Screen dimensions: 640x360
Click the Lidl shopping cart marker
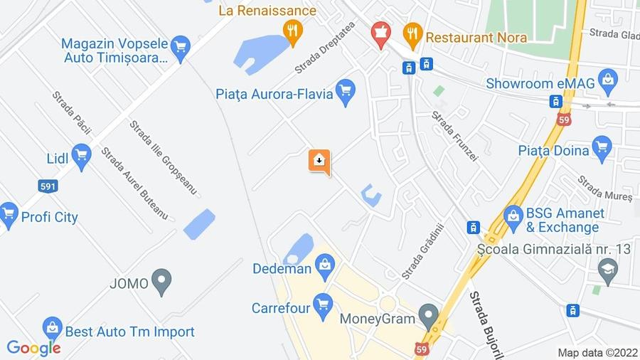click(x=81, y=156)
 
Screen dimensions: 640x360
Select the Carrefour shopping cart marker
click(x=323, y=306)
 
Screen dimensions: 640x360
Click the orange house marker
click(x=319, y=160)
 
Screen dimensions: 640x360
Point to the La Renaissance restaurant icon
click(x=292, y=31)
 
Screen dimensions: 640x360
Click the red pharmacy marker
click(x=381, y=33)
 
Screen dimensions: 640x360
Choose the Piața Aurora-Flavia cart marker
click(x=346, y=92)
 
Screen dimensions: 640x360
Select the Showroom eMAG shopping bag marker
click(x=607, y=81)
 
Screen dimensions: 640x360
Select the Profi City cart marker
click(x=9, y=215)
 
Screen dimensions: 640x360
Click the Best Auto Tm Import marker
click(x=52, y=329)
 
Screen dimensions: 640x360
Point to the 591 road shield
click(x=48, y=186)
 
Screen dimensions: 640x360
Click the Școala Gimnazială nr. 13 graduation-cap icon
click(x=608, y=269)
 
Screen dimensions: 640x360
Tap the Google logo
click(x=33, y=348)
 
